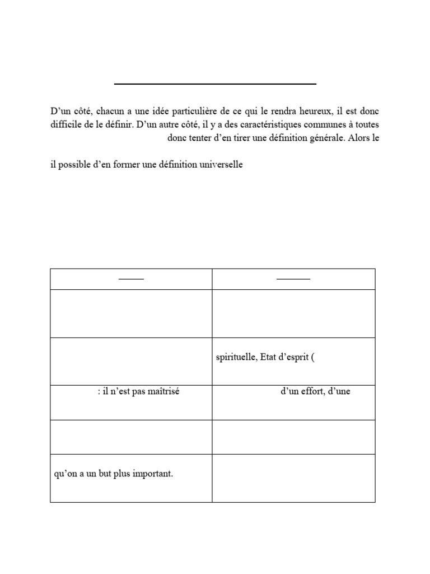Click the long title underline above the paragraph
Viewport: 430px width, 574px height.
coord(215,84)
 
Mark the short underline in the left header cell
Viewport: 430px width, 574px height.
coord(131,279)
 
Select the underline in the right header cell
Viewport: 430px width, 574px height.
coord(293,279)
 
